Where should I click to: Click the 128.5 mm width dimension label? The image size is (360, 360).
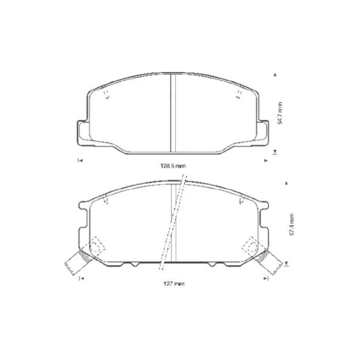coord(173,164)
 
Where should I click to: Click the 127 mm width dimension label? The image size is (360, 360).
coord(173,283)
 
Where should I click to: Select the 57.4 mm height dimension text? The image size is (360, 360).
coord(292,225)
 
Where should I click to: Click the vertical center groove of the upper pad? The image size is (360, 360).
coord(173,114)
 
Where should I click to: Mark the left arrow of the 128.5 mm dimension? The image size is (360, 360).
coord(80,160)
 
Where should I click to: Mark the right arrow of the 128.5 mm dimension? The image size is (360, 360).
coord(266,160)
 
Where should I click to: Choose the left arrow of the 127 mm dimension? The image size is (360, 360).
coord(81,279)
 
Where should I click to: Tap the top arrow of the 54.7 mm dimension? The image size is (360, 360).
coord(275,75)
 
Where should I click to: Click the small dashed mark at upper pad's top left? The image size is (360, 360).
coord(106,94)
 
